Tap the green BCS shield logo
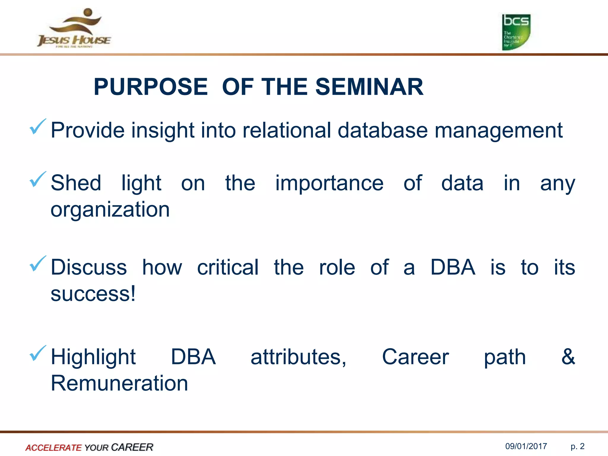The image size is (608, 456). point(516,32)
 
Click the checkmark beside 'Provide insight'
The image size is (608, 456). point(38,127)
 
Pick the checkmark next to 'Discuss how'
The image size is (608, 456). point(38,264)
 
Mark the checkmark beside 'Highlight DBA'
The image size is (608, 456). point(38,353)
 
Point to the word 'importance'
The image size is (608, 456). point(329,183)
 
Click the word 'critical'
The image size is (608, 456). point(228,267)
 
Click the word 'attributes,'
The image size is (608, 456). point(298,357)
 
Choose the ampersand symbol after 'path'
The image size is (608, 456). point(568,357)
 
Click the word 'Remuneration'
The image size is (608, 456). point(119,383)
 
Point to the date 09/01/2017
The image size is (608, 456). point(526,446)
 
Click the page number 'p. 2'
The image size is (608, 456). point(577,446)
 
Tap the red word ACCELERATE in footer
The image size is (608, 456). point(53,447)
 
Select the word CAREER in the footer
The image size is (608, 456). point(132,447)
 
